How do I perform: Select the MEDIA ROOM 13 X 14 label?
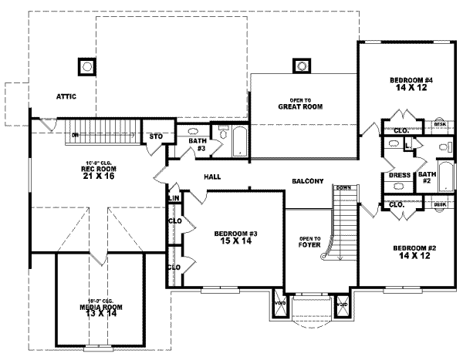point(101,310)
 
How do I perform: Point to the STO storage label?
point(156,136)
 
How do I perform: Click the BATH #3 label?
point(197,144)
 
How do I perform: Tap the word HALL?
point(212,177)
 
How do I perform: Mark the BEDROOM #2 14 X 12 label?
point(414,251)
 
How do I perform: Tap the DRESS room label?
point(400,175)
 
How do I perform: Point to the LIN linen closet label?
point(174,199)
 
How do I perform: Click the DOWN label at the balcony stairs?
point(344,188)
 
